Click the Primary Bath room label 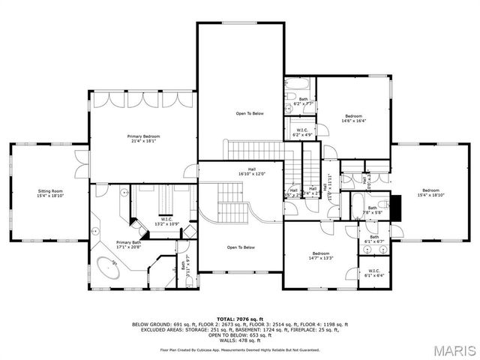pos(129,244)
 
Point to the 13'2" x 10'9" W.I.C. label pos(166,221)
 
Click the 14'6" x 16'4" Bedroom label pos(353,118)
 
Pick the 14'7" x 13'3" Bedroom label pos(320,256)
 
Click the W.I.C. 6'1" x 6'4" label pos(373,273)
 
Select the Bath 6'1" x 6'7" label pos(373,239)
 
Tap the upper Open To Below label pos(250,113)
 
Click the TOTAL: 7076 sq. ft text pos(240,319)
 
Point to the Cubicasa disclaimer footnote pos(240,349)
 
